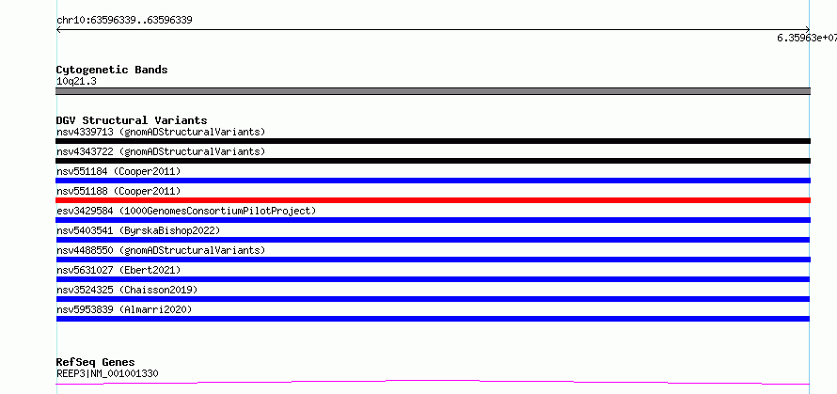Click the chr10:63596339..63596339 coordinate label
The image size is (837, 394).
pyautogui.click(x=124, y=21)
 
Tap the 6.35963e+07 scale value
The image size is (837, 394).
pyautogui.click(x=807, y=38)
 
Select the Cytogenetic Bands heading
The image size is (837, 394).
pyautogui.click(x=112, y=70)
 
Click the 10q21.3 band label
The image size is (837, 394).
pyautogui.click(x=76, y=82)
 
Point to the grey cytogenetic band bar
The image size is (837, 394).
pyautogui.click(x=433, y=91)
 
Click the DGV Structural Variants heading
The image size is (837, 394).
pyautogui.click(x=132, y=120)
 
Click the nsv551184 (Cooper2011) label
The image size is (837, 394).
pyautogui.click(x=118, y=171)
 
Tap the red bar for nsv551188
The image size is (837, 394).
pyautogui.click(x=433, y=200)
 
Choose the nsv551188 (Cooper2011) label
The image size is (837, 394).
pyautogui.click(x=118, y=191)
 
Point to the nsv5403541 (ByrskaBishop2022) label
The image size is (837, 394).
pyautogui.click(x=138, y=230)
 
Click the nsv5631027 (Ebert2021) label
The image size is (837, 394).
pyautogui.click(x=118, y=270)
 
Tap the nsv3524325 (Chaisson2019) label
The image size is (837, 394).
pyautogui.click(x=127, y=290)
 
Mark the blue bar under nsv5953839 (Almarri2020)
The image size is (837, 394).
pyautogui.click(x=433, y=319)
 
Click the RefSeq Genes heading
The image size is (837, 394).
pyautogui.click(x=96, y=362)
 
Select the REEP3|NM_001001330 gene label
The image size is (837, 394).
pyautogui.click(x=107, y=373)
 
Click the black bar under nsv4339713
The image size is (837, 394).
pyautogui.click(x=433, y=141)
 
